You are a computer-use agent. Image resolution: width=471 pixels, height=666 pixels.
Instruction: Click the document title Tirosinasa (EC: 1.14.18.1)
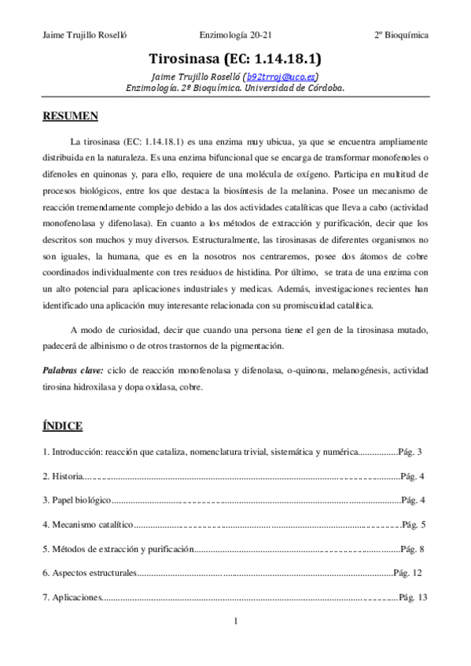235,59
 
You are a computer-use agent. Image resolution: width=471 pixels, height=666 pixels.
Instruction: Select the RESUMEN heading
70,116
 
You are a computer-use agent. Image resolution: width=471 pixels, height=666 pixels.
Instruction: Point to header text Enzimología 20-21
236,36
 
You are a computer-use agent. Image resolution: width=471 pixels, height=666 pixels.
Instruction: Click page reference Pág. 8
412,549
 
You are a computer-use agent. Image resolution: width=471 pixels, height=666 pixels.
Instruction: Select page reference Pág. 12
408,573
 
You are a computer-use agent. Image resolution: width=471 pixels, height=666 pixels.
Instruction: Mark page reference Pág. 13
412,598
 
